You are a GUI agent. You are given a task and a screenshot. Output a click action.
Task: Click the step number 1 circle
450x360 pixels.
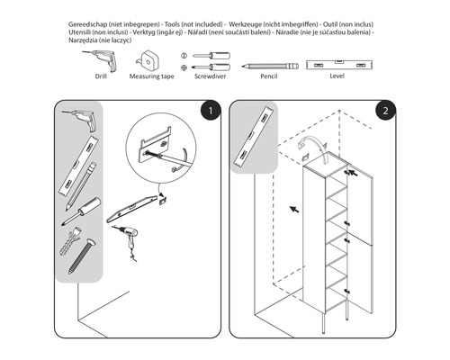tap(209, 112)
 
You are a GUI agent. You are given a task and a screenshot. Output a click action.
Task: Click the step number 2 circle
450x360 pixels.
tap(384, 112)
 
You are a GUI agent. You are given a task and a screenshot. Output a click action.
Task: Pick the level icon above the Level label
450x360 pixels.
tap(337, 65)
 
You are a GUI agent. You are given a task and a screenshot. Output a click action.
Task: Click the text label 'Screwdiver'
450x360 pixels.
tap(211, 78)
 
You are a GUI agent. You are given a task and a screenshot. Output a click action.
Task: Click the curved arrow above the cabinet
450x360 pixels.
tap(317, 146)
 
